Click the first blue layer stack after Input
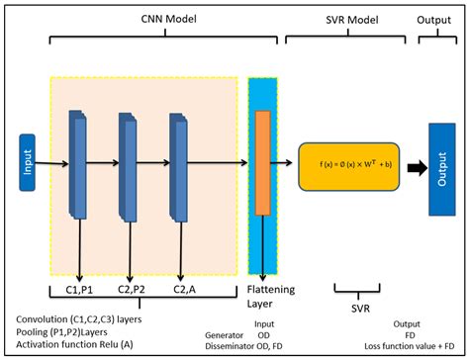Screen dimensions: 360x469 [78, 163]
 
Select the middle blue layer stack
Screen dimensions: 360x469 [130, 164]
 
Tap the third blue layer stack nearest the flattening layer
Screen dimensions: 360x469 [179, 164]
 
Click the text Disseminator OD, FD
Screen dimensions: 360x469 [252, 346]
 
